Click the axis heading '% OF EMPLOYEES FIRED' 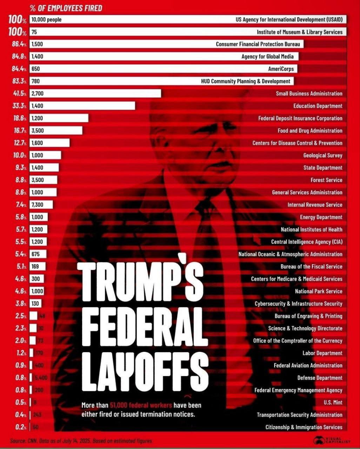coord(66,8)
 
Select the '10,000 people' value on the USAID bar coord(46,20)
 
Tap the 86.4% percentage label coord(18,44)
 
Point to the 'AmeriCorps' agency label coord(281,69)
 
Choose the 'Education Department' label coord(318,106)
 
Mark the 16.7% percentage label coord(18,130)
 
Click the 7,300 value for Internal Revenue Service coord(37,205)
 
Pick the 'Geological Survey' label coord(322,155)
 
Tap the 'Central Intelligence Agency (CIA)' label coord(306,242)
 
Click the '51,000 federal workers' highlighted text coord(141,405)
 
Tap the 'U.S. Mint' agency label coord(333,402)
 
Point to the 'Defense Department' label coord(320,378)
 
